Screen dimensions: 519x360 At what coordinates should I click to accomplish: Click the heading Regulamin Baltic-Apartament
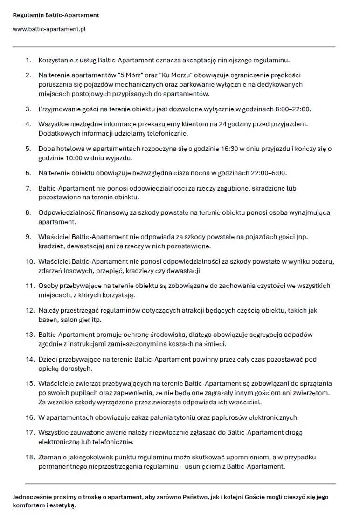click(x=56, y=15)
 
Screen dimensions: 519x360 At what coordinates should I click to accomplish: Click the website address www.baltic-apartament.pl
click(x=49, y=29)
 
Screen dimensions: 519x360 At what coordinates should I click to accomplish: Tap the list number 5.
click(x=28, y=149)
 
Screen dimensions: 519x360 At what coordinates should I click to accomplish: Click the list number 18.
click(x=30, y=458)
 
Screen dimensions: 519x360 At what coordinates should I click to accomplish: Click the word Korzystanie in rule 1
click(x=56, y=60)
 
